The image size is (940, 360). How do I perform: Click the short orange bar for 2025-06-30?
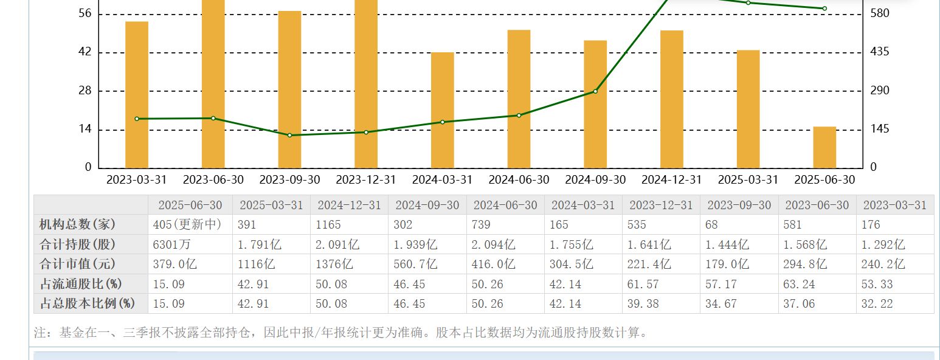pos(824,147)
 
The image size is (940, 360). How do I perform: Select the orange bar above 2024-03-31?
pos(443,110)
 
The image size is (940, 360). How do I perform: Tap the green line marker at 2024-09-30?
pos(595,91)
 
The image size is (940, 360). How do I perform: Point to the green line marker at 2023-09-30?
pos(289,135)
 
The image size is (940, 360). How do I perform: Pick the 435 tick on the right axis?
pos(879,52)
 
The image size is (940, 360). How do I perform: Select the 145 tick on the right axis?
pos(879,129)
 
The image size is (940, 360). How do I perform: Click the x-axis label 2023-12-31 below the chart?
pos(366,180)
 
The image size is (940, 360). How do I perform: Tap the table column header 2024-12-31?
pos(349,205)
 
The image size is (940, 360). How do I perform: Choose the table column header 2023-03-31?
pos(894,205)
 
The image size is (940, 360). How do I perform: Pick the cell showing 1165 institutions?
pos(328,224)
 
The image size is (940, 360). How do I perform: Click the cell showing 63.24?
pos(799,284)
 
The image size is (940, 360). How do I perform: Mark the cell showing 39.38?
pos(643,303)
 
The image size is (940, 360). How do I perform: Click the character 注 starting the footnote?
pos(40,333)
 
